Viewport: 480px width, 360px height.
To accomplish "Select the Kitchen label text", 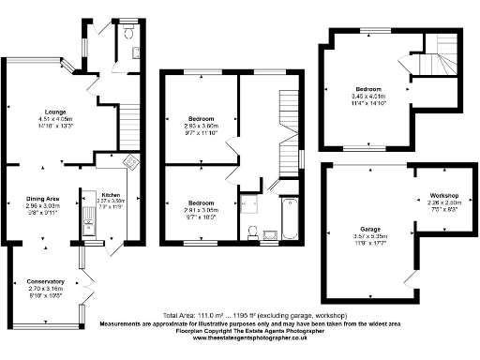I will tap(111, 194).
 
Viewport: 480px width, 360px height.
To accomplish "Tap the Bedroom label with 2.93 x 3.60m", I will tap(200, 120).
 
